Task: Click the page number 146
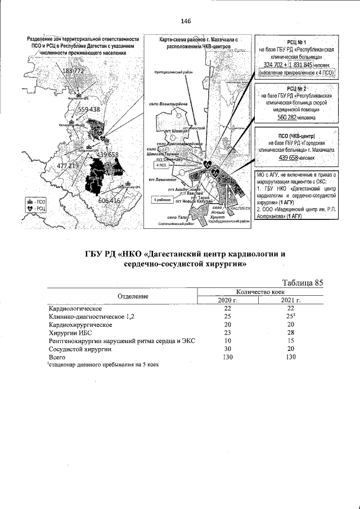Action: [x=186, y=21]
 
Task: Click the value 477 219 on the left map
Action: [x=68, y=166]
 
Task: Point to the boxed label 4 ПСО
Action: [x=161, y=165]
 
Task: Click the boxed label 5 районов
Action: [x=161, y=200]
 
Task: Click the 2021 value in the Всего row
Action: [x=291, y=357]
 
